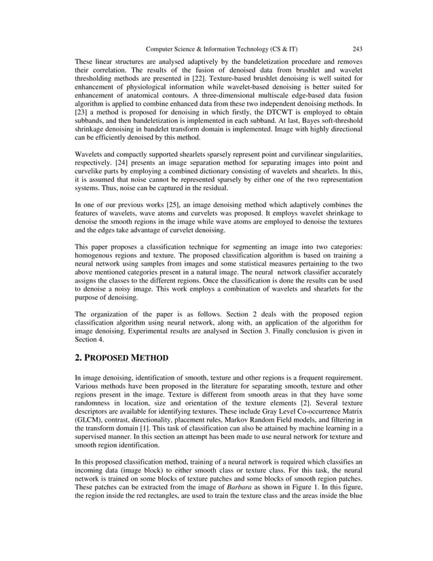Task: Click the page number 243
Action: tap(357, 49)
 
